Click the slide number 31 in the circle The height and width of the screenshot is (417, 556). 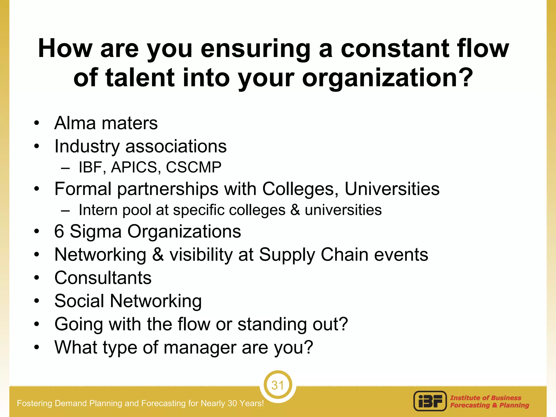(277, 385)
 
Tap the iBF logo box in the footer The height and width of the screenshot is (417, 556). (430, 401)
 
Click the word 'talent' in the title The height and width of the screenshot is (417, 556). (140, 78)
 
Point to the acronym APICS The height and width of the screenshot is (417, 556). (134, 167)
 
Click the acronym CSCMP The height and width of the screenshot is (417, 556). (194, 167)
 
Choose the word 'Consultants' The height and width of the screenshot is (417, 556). (103, 278)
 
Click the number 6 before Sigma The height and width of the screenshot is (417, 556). (59, 231)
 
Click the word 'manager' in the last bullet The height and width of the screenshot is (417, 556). (200, 347)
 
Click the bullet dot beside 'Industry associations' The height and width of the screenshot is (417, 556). (37, 147)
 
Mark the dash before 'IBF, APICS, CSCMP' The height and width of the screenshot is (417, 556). (65, 168)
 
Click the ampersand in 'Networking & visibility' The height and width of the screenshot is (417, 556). (158, 255)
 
